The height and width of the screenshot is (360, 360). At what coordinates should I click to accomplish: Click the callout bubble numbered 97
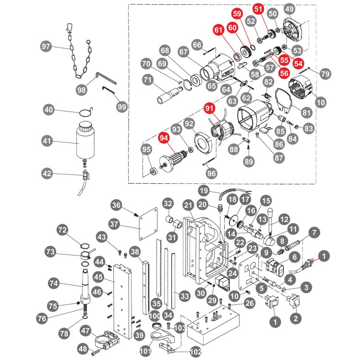[46, 47]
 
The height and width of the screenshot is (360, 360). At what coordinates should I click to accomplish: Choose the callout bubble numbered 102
[196, 352]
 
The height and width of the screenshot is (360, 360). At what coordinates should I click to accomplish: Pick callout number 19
[204, 190]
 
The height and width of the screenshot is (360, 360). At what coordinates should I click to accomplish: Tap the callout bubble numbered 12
[285, 219]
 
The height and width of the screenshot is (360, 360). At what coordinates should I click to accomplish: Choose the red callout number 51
[259, 9]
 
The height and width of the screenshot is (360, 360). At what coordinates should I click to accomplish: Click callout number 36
[117, 205]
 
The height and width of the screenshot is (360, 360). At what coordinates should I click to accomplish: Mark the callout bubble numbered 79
[325, 73]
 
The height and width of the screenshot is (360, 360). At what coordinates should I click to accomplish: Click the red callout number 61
[219, 30]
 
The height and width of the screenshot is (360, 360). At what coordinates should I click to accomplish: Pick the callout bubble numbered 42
[47, 173]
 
